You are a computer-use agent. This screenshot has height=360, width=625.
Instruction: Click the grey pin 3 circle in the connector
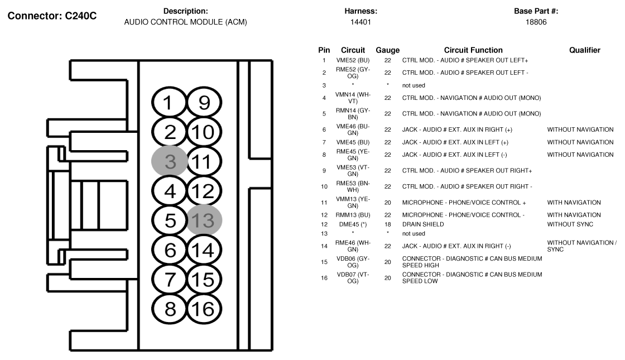point(171,162)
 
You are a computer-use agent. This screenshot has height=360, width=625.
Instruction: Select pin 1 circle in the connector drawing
point(171,103)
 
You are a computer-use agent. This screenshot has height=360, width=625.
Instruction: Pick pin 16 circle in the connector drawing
point(204,308)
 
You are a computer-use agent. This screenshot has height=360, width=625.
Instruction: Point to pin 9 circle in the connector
point(204,103)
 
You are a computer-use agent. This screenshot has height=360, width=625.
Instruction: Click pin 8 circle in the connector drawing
point(171,308)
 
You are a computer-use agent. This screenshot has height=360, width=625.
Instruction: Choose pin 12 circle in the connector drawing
point(204,191)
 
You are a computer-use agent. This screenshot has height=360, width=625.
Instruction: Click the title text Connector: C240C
point(52,16)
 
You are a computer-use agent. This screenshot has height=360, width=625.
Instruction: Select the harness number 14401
point(361,22)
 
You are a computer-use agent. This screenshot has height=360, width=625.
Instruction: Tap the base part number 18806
point(536,22)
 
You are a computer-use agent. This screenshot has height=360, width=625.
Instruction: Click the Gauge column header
point(387,50)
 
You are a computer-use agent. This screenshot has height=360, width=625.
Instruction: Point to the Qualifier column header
point(584,50)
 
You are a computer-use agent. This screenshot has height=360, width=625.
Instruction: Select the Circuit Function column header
point(473,50)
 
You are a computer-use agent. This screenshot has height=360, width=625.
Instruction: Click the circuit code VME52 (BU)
point(353,60)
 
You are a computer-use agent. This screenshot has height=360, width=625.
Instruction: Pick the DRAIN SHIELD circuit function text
point(423,224)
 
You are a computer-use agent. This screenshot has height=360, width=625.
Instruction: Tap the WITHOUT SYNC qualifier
point(570,224)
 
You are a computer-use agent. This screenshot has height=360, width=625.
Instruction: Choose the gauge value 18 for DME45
point(387,224)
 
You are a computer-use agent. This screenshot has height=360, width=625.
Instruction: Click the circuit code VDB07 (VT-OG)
point(353,277)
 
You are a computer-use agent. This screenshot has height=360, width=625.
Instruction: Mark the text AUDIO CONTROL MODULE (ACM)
point(185,22)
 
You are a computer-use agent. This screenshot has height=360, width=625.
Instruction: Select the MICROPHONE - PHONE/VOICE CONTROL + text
point(464,203)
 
